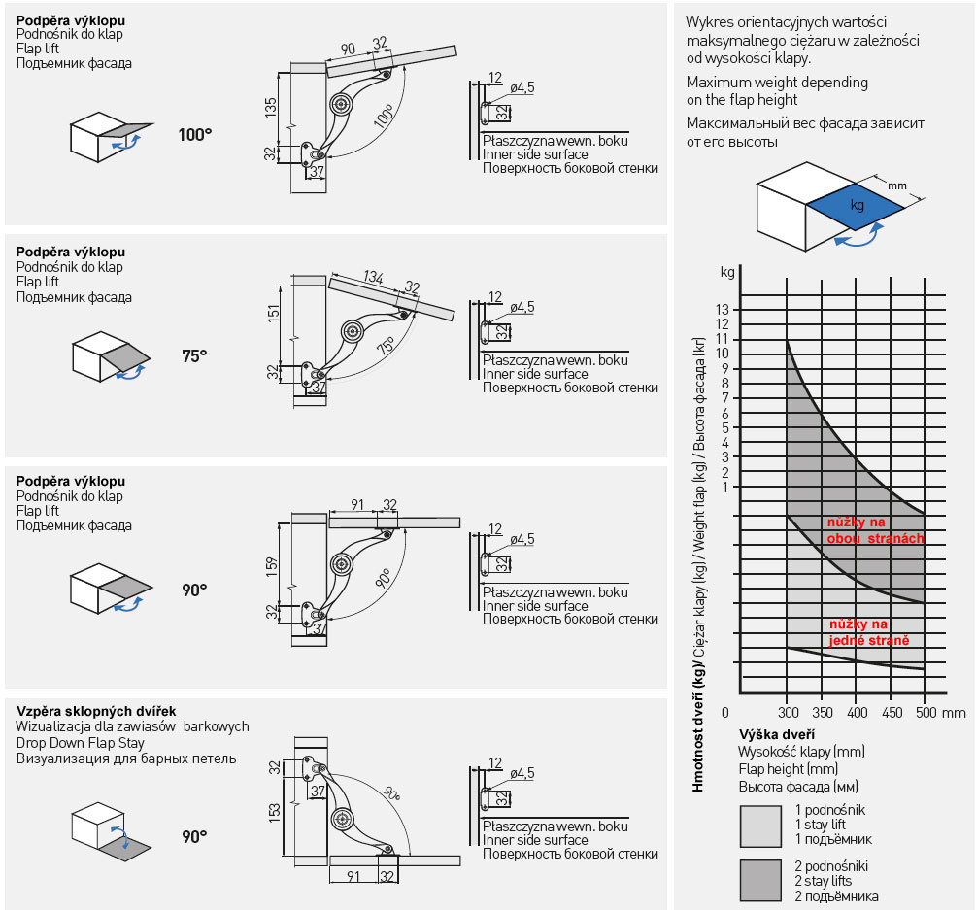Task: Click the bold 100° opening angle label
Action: tap(194, 135)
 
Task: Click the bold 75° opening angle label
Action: tap(194, 356)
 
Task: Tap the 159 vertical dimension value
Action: tap(272, 564)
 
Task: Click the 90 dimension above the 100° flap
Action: tap(348, 50)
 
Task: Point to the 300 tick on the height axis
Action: tap(789, 713)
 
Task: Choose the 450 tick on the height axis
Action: tap(891, 713)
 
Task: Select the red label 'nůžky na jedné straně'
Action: tap(868, 632)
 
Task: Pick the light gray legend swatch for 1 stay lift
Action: tap(760, 826)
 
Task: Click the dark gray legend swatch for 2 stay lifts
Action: tap(760, 880)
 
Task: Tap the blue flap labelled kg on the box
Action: tap(856, 206)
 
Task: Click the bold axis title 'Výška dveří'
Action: tap(777, 734)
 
